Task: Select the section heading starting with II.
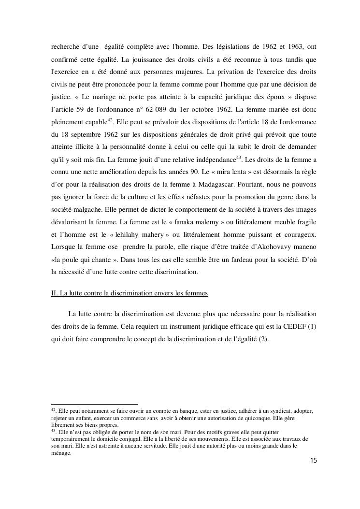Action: pyautogui.click(x=130, y=293)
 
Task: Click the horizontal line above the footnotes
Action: pyautogui.click(x=94, y=404)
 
